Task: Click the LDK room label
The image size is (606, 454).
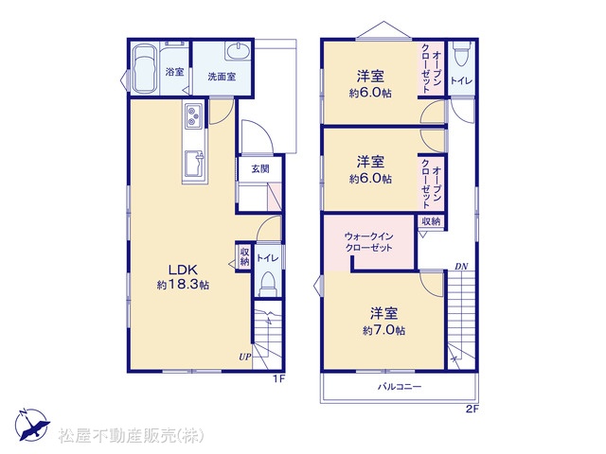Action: (183, 269)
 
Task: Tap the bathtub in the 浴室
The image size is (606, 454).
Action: (145, 69)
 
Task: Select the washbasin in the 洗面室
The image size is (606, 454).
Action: (238, 51)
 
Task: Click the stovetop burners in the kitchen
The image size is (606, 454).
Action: (193, 116)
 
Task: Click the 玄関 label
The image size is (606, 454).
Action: (260, 168)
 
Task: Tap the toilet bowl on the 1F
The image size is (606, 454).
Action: (268, 284)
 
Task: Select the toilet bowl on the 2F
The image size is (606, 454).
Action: (462, 54)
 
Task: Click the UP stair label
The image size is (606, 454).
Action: (244, 357)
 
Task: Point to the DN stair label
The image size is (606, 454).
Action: (461, 267)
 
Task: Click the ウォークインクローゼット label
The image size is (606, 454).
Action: (368, 242)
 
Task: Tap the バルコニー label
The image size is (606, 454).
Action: (400, 387)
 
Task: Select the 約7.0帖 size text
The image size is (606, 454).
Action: (383, 330)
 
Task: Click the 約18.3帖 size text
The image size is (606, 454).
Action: (183, 285)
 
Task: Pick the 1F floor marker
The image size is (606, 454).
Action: (279, 379)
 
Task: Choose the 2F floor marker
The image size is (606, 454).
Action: (472, 410)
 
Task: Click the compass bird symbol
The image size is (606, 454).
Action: (32, 425)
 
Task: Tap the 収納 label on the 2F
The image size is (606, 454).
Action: (431, 221)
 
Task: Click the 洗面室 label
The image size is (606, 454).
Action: (222, 77)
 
